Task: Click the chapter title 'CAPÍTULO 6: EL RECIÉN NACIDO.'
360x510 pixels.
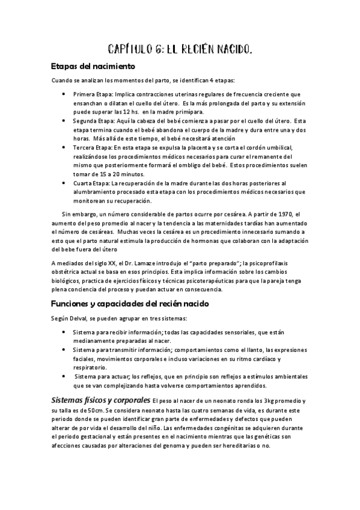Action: click(179, 48)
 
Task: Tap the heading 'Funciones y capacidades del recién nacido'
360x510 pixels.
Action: click(130, 304)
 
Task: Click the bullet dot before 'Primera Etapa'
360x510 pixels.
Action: click(64, 94)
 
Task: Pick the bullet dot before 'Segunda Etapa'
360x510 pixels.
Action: click(64, 121)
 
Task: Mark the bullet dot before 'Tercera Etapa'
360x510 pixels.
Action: click(64, 147)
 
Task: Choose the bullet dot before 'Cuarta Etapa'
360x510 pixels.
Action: click(64, 183)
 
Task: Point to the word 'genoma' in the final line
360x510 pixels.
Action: click(200, 445)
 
